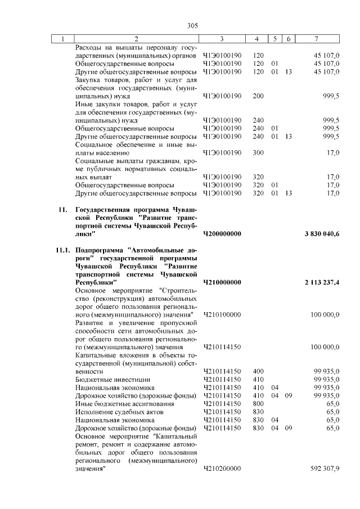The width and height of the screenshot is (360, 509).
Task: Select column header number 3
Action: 222,39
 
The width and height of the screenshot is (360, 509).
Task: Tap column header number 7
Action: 317,39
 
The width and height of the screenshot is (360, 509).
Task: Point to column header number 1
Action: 62,39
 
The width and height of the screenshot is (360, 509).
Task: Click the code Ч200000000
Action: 222,233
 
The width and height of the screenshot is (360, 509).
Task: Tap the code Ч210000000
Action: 222,282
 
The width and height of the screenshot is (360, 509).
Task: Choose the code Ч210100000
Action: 222,314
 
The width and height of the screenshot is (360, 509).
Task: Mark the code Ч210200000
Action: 222,468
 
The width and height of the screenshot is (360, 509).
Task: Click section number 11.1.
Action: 62,250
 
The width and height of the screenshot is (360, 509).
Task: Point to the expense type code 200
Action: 259,96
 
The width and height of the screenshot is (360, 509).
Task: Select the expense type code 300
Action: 259,152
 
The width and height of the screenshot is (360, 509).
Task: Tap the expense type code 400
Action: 259,371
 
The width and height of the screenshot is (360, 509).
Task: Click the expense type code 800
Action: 259,403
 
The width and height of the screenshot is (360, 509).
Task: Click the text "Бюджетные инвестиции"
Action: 112,379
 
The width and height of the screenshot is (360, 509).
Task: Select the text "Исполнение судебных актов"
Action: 119,412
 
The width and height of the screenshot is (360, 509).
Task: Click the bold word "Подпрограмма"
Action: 99,250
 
